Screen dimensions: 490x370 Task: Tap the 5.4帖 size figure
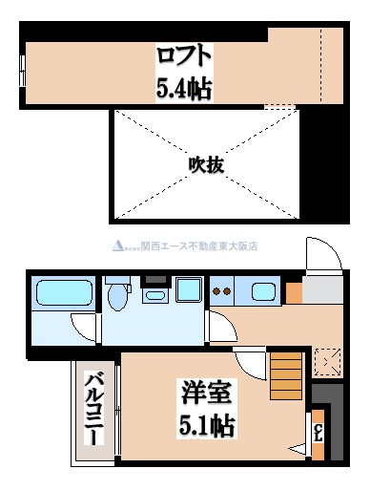(185, 89)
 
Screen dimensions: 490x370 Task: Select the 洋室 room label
(206, 392)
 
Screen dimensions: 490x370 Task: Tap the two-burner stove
(223, 291)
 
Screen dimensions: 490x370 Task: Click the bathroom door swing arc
(85, 329)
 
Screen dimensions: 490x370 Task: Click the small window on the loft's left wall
(22, 70)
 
